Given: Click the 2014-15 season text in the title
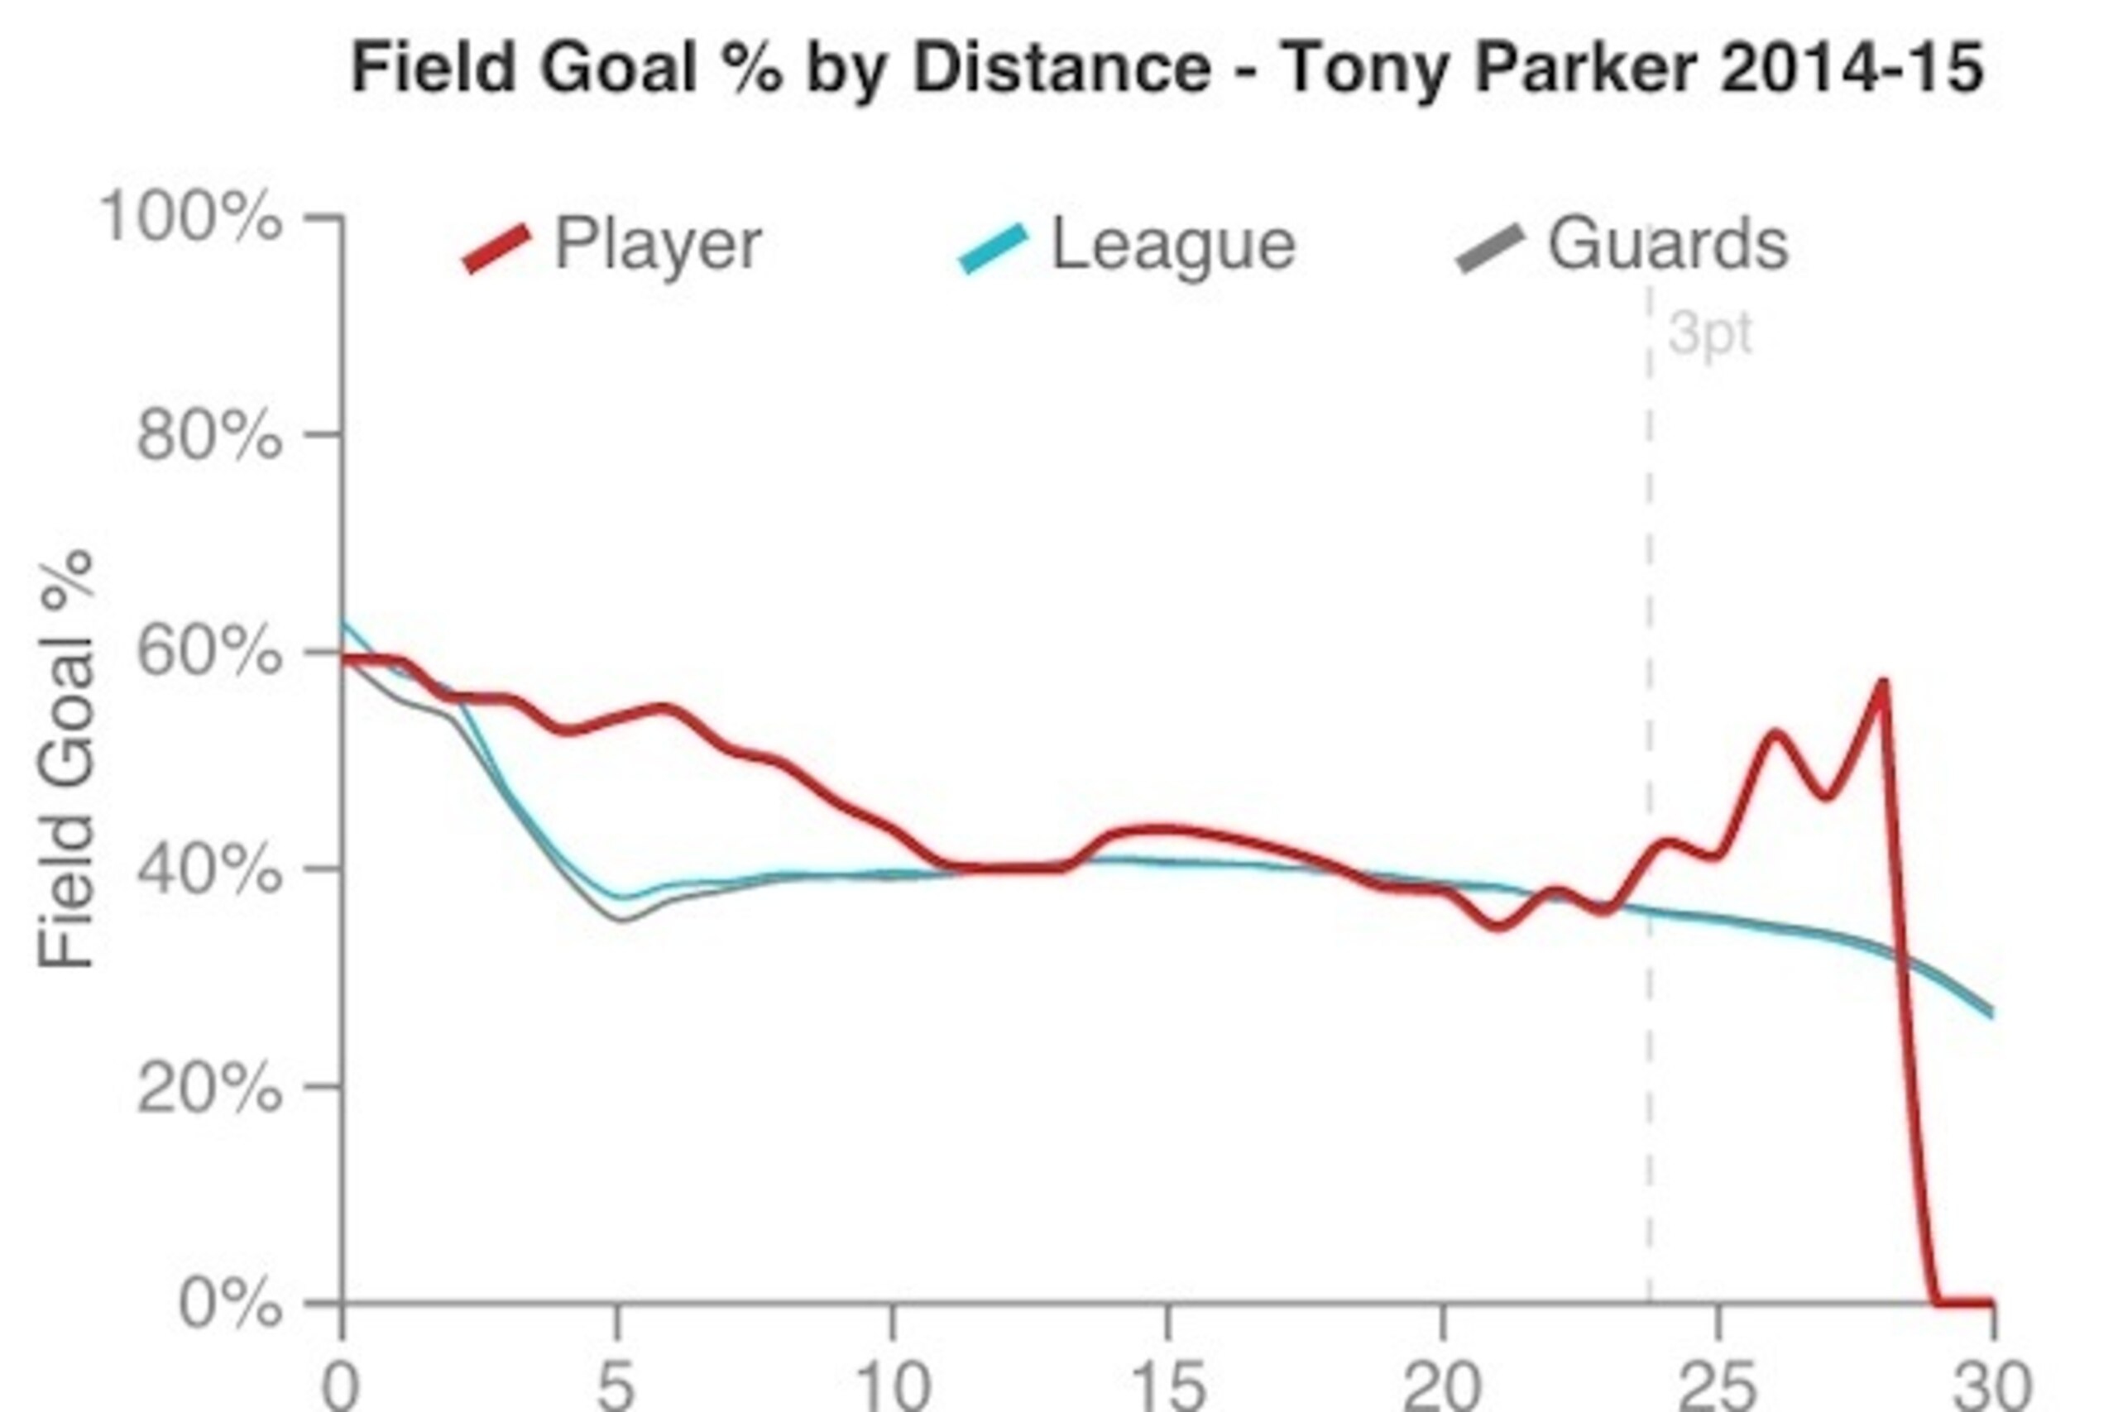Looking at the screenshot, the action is (x=1852, y=69).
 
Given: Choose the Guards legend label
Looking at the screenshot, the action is (x=1668, y=243).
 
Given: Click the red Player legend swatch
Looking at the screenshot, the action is (x=497, y=247).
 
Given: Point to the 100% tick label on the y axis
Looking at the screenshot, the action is (x=190, y=217).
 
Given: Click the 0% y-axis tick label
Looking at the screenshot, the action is (x=231, y=1303).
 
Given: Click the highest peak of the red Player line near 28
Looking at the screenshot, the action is (x=1883, y=682).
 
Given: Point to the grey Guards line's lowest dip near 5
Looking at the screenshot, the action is (x=621, y=920).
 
